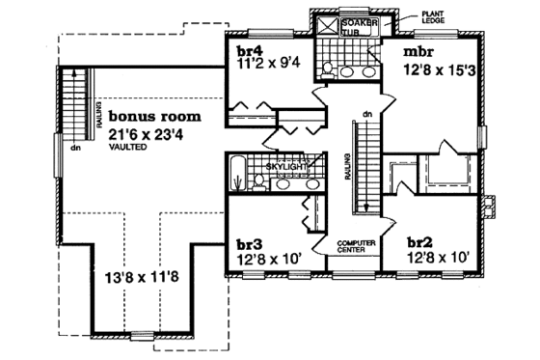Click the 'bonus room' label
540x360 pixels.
click(153, 116)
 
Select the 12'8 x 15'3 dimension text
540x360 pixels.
click(433, 69)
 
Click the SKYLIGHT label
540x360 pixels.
click(286, 166)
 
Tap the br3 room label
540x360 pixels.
click(248, 242)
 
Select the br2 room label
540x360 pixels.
click(422, 242)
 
